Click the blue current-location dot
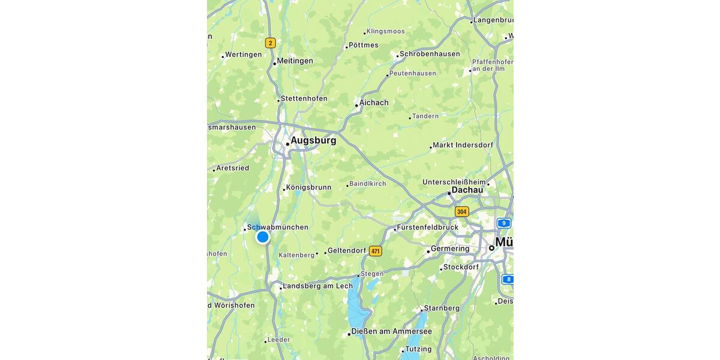pos(262,237)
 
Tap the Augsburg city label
pos(313,140)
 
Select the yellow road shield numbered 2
pos(271,43)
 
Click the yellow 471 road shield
pos(376,251)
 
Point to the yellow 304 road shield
pos(461,212)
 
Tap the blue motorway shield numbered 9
pos(504,223)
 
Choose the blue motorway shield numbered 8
pos(508,279)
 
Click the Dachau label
pos(467,190)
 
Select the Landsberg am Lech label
pos(317,286)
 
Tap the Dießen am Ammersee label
pos(391,332)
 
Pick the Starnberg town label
pos(442,308)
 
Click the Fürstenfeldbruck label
pos(427,227)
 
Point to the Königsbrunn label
pos(308,187)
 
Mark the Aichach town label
pos(374,103)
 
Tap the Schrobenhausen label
pos(430,54)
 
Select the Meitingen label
pos(295,61)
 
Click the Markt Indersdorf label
pos(463,145)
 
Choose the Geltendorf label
pos(346,251)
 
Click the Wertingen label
pos(243,55)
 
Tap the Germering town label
pos(450,249)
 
